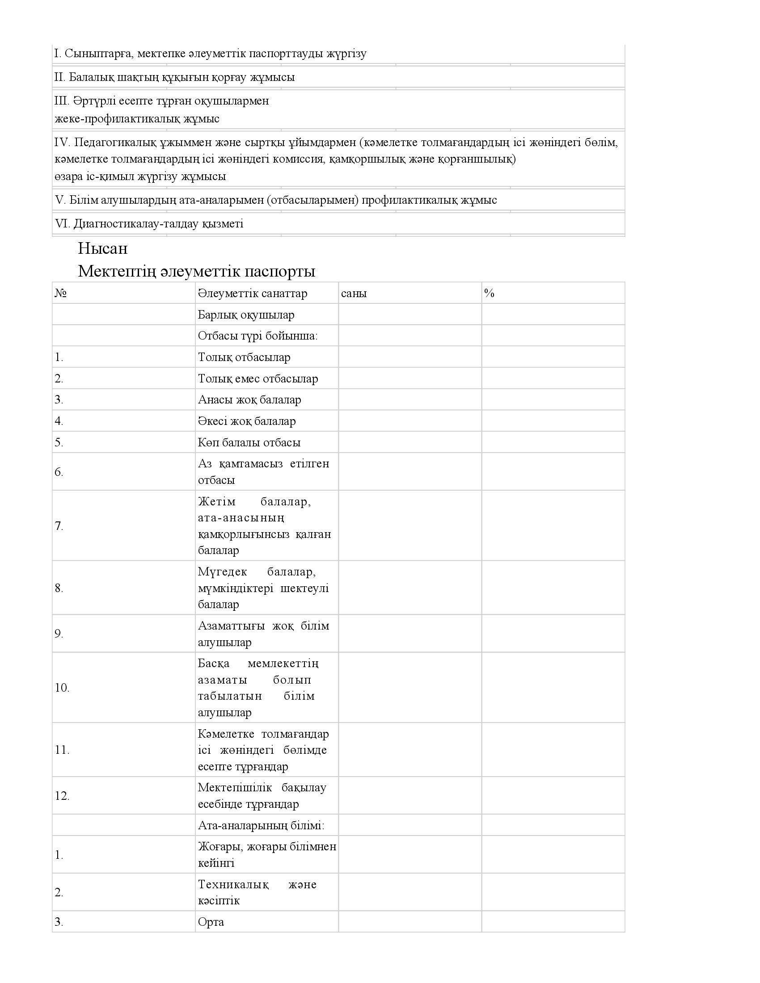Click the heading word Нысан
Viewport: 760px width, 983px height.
(x=103, y=248)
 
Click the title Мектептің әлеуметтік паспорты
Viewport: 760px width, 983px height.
(x=196, y=271)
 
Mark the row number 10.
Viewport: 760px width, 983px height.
(x=62, y=688)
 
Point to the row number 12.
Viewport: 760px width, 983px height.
(x=62, y=796)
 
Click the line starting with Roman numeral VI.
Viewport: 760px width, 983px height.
(x=149, y=224)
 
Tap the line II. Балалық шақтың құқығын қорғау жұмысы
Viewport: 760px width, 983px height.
(x=175, y=77)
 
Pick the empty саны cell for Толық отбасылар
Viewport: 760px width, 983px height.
(x=410, y=357)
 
